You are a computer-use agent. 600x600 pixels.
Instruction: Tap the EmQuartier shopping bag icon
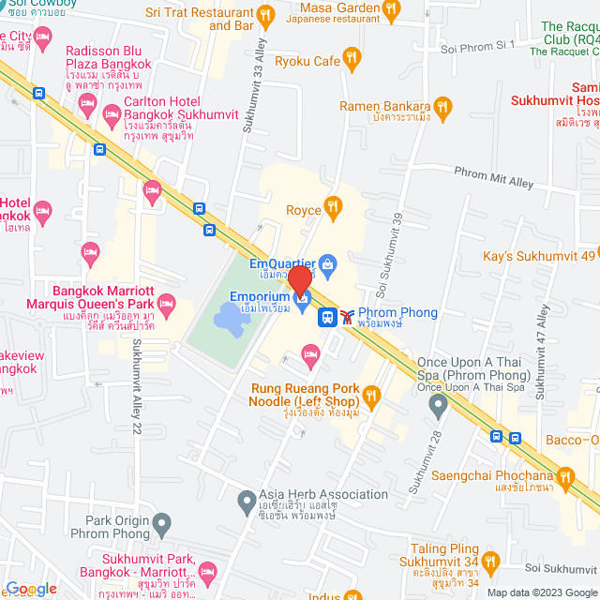[x=327, y=264]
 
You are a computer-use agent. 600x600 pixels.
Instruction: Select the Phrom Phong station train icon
[x=349, y=317]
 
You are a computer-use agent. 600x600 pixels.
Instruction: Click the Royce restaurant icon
[x=332, y=205]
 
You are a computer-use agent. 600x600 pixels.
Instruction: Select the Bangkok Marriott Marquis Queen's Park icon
[x=167, y=302]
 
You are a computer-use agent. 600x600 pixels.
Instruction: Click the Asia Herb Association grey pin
[x=246, y=500]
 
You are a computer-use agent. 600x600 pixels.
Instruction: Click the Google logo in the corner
[x=30, y=588]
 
